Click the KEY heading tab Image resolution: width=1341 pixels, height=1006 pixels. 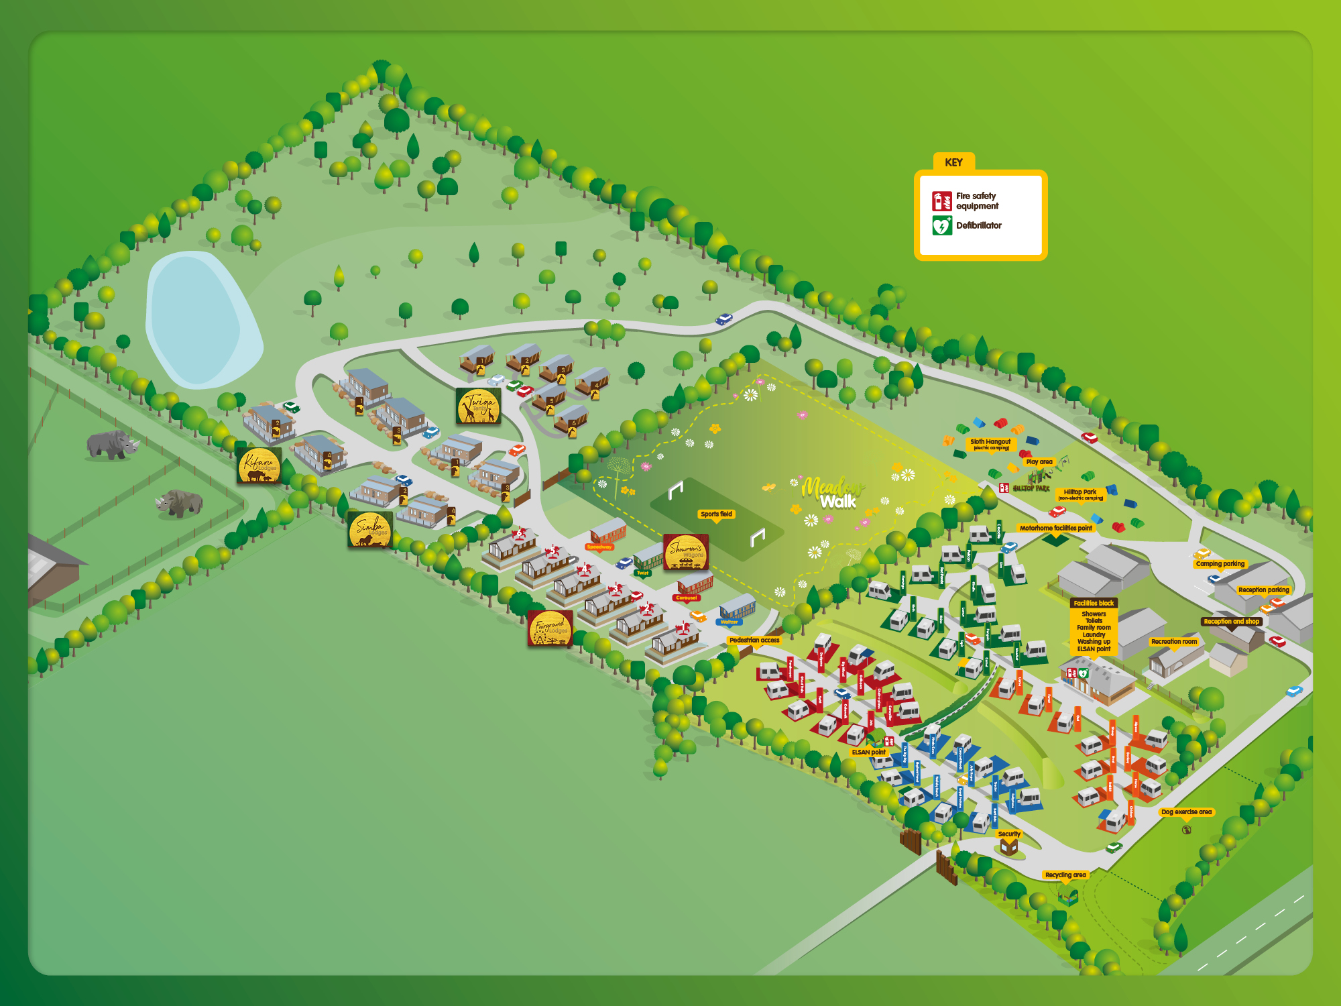point(953,162)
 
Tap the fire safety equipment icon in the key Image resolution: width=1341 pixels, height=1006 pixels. point(941,201)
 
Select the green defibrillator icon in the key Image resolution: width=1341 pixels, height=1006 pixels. point(941,225)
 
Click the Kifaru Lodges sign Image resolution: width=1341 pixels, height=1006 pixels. point(259,465)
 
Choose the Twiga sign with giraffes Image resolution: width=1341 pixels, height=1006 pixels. point(478,406)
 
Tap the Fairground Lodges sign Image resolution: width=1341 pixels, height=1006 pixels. point(550,628)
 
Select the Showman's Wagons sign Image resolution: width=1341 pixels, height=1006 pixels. point(685,552)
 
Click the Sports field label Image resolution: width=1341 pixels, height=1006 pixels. point(716,514)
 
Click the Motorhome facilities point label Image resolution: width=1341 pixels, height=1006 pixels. point(1055,528)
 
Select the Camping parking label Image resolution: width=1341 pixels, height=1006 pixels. point(1220,564)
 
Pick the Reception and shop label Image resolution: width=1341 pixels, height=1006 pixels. point(1231,622)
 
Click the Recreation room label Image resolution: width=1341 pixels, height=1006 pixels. point(1173,642)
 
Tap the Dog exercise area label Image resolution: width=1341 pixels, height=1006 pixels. point(1186,812)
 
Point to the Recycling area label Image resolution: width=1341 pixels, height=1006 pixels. point(1065,875)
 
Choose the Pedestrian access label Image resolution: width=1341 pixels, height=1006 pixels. point(754,640)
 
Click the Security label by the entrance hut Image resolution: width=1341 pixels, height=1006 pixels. point(1008,834)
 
